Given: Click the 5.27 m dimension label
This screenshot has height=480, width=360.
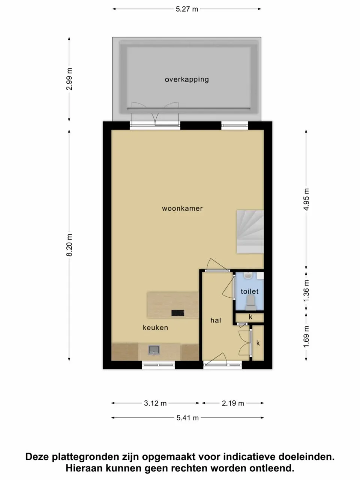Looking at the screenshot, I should (x=187, y=9).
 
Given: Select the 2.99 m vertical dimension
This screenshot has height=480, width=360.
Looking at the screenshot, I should (x=69, y=79).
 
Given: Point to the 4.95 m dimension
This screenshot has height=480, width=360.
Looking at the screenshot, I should (x=306, y=199).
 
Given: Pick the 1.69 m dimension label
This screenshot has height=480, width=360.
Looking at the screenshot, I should (x=306, y=336).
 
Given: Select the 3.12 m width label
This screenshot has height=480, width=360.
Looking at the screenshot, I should (x=155, y=403).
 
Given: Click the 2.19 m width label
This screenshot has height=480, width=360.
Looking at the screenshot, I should (x=233, y=403).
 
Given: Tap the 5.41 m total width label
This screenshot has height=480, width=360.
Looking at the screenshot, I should (x=187, y=418).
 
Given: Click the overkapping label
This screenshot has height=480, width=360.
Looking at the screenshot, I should (x=187, y=79).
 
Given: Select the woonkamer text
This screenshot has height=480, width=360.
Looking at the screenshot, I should (x=182, y=208).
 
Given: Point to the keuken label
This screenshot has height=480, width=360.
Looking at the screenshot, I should (x=155, y=328).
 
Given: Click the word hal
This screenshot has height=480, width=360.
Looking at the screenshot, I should (x=216, y=320).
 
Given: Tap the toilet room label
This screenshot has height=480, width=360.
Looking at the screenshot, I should (x=250, y=291).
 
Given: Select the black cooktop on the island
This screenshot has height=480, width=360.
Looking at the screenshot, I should (x=178, y=312).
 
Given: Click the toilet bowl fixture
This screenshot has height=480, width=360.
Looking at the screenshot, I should (x=250, y=302).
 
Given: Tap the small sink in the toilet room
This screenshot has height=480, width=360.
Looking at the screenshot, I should (x=248, y=276).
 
